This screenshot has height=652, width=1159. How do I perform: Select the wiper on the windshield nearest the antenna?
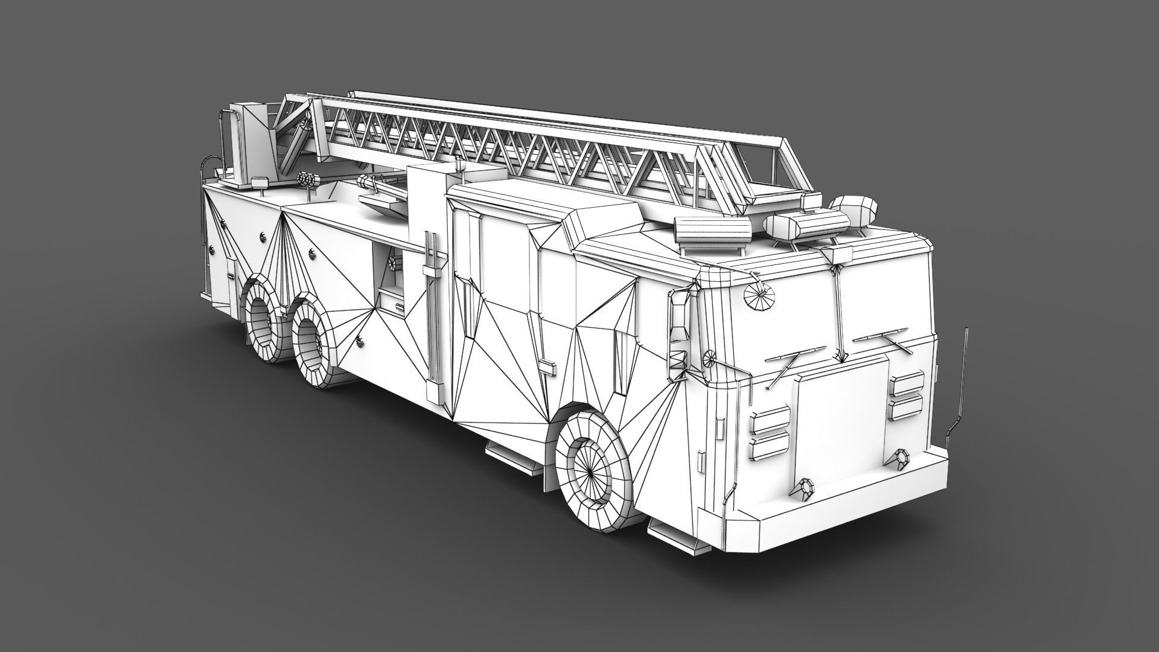pos(881,338)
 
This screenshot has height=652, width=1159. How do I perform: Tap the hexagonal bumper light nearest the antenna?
pos(902,459)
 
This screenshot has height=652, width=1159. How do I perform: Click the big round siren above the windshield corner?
pos(755,296)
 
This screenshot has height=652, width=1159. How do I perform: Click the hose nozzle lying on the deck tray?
pos(380,190)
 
